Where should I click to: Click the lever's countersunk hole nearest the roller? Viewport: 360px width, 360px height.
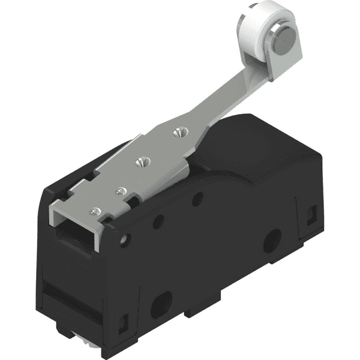point(177,130)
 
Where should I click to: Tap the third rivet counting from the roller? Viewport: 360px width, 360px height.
point(122,191)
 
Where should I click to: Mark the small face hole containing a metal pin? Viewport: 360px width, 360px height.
point(124,241)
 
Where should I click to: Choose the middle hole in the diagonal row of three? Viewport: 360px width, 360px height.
point(158,221)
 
